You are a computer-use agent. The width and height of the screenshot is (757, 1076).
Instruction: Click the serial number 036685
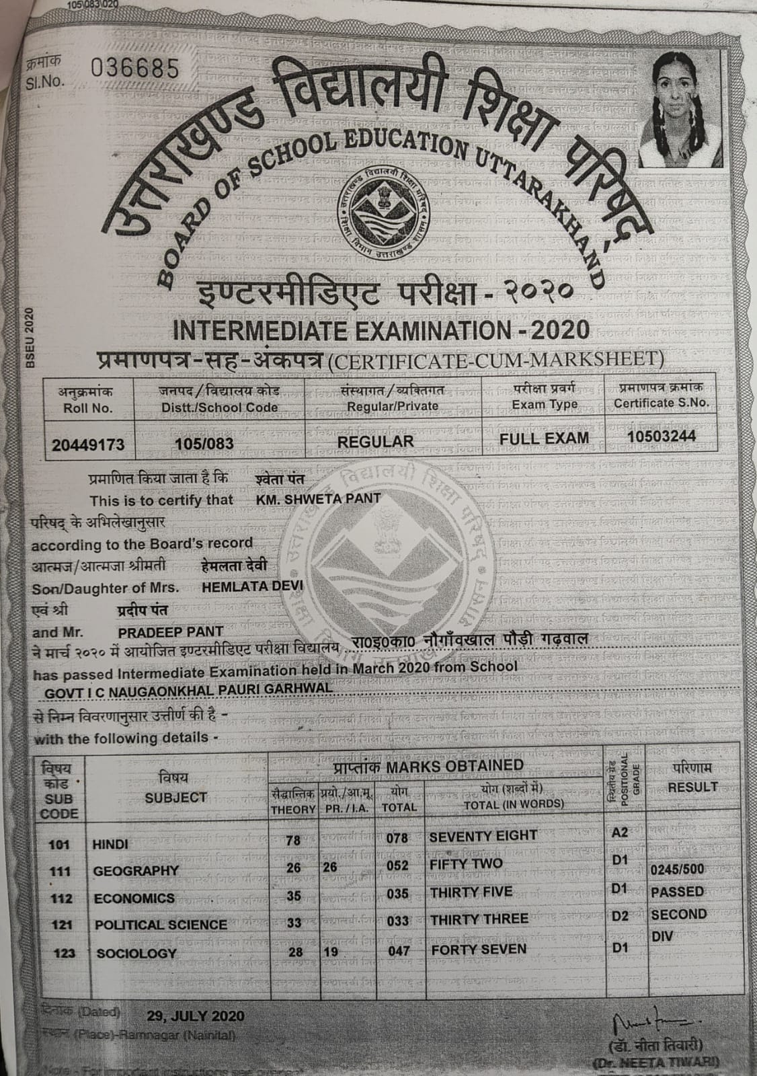(134, 69)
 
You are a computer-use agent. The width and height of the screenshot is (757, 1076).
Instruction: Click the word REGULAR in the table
(375, 441)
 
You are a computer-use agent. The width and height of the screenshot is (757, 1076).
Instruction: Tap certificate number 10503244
(662, 436)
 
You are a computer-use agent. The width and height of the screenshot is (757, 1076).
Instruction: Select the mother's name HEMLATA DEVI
(252, 586)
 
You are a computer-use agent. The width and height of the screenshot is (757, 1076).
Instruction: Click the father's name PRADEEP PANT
(171, 632)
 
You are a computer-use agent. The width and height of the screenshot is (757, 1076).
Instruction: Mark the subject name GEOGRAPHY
(136, 871)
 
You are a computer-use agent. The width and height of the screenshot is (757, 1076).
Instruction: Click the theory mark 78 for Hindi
(292, 840)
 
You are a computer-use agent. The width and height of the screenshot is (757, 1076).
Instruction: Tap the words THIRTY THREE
(479, 919)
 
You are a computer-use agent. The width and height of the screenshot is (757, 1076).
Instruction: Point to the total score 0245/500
(678, 869)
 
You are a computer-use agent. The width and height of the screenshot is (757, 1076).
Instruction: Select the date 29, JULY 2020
(195, 1015)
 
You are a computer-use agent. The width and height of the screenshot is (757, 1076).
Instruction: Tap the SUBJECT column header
(176, 798)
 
